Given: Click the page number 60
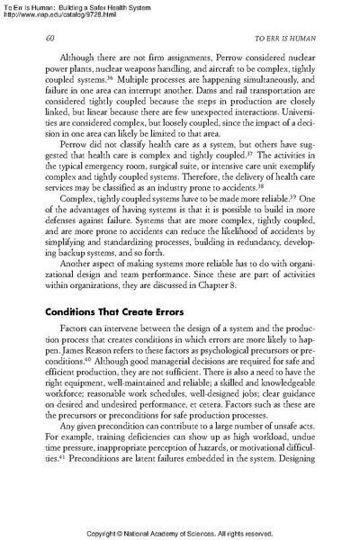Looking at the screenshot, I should click(x=49, y=39).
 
